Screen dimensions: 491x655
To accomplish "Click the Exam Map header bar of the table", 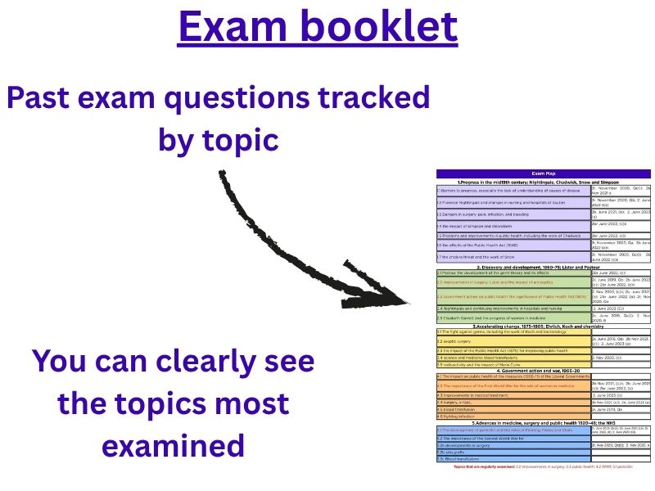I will click(544, 173).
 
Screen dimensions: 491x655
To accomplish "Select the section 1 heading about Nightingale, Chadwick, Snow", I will click(544, 182).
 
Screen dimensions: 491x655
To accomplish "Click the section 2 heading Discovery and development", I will click(544, 267).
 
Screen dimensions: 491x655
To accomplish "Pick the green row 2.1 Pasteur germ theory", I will click(513, 273).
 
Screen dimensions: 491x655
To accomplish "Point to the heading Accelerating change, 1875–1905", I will click(544, 326).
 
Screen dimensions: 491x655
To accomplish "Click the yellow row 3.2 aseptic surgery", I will click(513, 341).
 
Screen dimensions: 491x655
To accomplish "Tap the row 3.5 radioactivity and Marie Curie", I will click(513, 364).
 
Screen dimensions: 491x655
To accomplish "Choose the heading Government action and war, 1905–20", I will click(544, 371).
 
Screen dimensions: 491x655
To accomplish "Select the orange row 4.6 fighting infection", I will click(513, 416).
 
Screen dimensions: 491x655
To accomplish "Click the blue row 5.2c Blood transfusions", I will click(513, 460).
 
